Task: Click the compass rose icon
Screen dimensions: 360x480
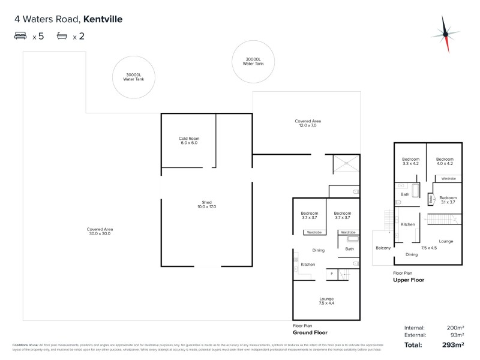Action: (445, 34)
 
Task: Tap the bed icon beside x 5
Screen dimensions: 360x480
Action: (20, 36)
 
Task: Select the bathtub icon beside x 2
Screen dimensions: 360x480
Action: (62, 36)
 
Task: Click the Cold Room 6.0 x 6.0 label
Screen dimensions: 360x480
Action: (189, 140)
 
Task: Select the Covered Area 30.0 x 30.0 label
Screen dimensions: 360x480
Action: (100, 231)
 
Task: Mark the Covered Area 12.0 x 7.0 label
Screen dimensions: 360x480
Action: (305, 123)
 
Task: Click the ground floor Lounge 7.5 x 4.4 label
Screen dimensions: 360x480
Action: (326, 301)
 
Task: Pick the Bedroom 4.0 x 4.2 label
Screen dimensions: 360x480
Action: (444, 161)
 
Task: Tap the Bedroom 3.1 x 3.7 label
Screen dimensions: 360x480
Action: (448, 200)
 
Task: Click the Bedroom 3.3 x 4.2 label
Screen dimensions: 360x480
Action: (410, 161)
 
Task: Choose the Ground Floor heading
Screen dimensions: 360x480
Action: (310, 332)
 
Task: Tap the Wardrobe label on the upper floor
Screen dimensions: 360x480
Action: (448, 179)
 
